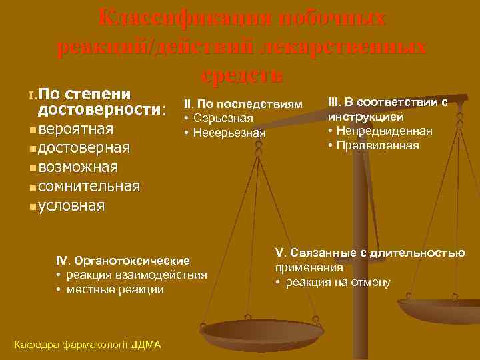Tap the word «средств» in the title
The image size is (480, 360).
(x=241, y=75)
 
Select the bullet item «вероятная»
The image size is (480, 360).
(x=75, y=128)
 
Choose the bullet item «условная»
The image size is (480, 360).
(x=71, y=205)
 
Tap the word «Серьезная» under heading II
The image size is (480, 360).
(x=223, y=118)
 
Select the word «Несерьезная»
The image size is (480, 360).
(x=230, y=133)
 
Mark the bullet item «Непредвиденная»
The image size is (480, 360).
(x=384, y=130)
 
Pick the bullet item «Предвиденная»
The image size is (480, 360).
(x=377, y=145)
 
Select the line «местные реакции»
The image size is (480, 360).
(x=114, y=289)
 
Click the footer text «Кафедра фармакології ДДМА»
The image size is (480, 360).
(x=87, y=344)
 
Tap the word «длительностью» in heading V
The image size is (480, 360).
(x=426, y=253)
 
